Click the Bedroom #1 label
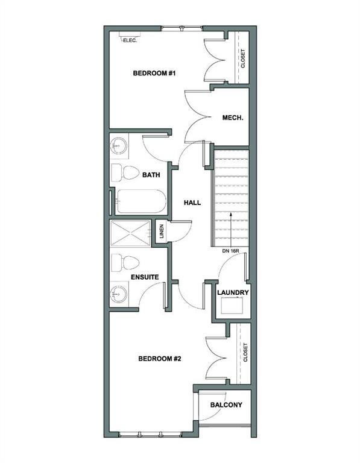tap(154, 73)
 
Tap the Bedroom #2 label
tap(159, 359)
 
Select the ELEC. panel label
tap(130, 40)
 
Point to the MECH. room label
tap(233, 118)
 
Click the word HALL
tap(192, 203)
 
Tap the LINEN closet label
tap(162, 231)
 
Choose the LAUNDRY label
tap(233, 292)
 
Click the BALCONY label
tap(226, 405)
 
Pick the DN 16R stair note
tap(230, 251)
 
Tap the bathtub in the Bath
tap(142, 201)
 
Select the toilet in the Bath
tap(125, 173)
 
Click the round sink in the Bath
tap(118, 145)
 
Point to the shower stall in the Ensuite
tap(130, 233)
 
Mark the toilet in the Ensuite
tap(125, 262)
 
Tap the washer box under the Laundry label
tap(233, 306)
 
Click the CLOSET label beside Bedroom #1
tap(243, 58)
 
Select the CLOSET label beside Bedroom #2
tap(245, 352)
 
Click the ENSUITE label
tap(145, 277)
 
